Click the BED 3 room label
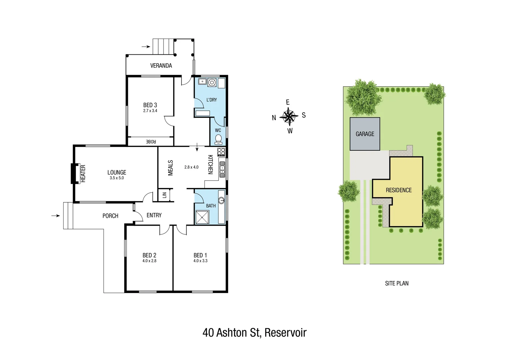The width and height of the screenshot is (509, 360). [150, 105]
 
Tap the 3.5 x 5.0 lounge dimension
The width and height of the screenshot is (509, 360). [117, 178]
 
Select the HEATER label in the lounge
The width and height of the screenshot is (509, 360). [83, 174]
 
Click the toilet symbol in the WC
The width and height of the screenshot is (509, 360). [219, 139]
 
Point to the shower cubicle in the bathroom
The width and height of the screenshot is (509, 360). [202, 217]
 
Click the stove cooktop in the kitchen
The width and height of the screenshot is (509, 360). [221, 152]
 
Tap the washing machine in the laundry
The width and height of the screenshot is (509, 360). [212, 82]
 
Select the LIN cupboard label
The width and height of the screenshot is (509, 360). [164, 195]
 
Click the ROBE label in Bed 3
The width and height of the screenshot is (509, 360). [151, 142]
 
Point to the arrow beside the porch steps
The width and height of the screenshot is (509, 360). [56, 216]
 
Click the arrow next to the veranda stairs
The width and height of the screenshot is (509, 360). [146, 47]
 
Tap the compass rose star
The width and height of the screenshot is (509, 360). [289, 116]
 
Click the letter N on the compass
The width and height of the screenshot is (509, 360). [274, 118]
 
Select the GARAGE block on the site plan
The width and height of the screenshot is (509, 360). [365, 134]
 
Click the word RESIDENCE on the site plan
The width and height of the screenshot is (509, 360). [399, 190]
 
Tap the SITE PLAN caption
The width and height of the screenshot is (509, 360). [397, 283]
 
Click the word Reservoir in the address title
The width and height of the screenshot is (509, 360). [285, 333]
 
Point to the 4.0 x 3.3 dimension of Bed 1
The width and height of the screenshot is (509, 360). [200, 261]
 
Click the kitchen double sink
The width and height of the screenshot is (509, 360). [222, 169]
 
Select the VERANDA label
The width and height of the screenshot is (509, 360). [161, 66]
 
